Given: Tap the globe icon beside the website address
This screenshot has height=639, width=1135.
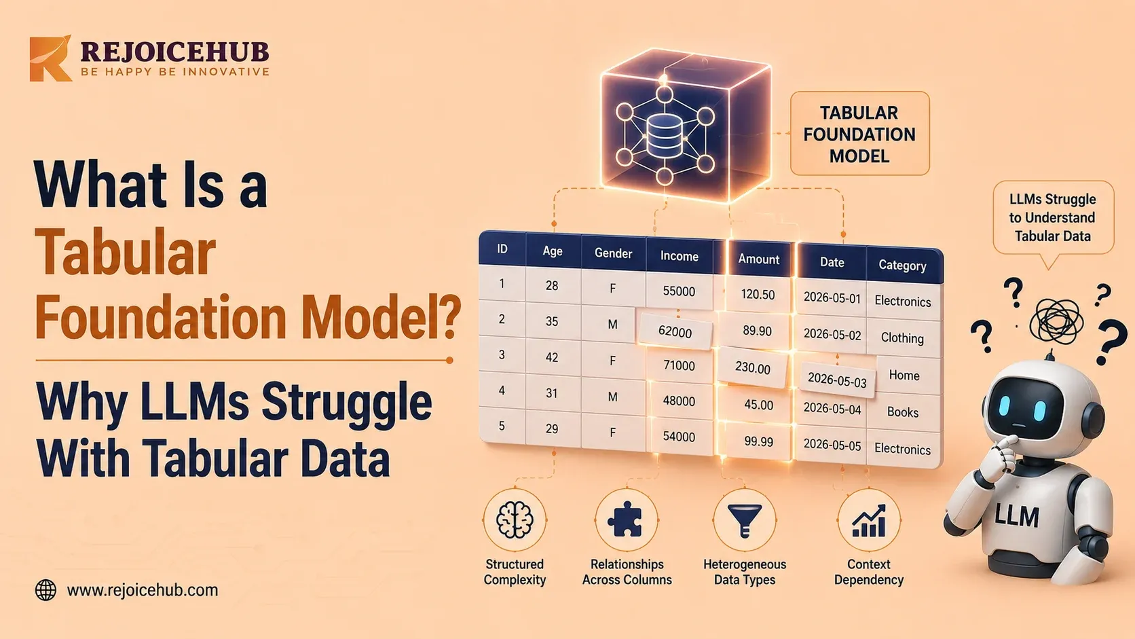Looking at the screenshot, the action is click(45, 590).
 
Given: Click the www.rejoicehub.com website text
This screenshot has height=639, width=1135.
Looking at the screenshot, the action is click(143, 590).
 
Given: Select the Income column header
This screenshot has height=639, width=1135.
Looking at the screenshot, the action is click(679, 257).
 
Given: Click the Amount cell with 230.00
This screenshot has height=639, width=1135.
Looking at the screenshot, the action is click(753, 368).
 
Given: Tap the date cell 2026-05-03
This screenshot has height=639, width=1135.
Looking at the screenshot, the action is click(837, 380).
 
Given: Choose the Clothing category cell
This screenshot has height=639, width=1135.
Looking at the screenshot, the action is click(902, 338).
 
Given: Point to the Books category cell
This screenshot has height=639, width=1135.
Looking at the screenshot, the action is click(903, 412).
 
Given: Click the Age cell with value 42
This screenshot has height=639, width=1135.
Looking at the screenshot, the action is click(552, 357).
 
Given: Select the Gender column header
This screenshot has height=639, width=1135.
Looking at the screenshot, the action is click(613, 253).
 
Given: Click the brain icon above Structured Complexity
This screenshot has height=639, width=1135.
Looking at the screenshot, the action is click(515, 520).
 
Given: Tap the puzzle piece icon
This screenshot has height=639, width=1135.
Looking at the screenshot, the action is click(626, 519).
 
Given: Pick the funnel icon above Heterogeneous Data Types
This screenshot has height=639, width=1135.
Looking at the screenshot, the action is click(745, 520).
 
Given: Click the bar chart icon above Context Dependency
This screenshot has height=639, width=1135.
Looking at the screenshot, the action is click(869, 520).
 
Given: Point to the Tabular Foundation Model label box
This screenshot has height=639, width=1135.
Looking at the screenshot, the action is click(859, 134).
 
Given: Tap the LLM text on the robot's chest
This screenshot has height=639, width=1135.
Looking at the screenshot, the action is click(1016, 516).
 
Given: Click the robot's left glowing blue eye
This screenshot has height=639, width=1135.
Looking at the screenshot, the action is click(1004, 405).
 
